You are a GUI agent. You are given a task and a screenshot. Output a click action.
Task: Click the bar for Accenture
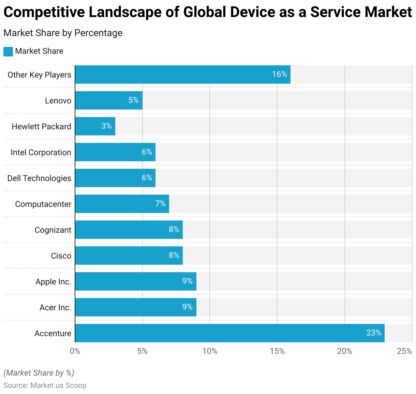pos(230,333)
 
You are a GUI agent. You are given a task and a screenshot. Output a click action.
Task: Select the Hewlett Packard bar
pos(95,126)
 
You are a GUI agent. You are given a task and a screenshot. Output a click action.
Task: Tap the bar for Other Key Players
pos(183,75)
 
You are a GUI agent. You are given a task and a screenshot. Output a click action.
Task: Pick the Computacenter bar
pos(122,204)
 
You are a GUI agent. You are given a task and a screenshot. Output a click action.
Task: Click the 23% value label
pos(374,333)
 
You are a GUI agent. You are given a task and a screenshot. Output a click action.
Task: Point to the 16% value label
pos(279,74)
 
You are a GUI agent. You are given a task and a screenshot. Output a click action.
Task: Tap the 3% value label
pos(106,126)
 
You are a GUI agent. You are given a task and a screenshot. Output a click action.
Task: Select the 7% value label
pos(160,203)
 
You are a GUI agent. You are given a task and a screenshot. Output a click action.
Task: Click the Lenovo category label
pos(58,101)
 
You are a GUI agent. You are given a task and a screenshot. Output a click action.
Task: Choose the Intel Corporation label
pos(41,152)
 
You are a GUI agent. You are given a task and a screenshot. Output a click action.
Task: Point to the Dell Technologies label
pos(39,178)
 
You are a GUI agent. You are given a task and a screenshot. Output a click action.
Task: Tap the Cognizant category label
pos(53,230)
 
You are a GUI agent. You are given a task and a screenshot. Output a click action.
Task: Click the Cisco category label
pos(61,256)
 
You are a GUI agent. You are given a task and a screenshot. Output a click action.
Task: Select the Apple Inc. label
pos(53,282)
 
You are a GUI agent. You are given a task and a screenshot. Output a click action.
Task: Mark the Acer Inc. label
pos(55,308)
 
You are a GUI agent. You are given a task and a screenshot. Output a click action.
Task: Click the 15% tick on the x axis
pos(277,351)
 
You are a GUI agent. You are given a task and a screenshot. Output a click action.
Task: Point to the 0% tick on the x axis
pos(75,351)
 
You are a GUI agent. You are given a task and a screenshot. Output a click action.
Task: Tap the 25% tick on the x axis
pos(404,351)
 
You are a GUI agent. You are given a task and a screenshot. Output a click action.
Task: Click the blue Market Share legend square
pos(8,51)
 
